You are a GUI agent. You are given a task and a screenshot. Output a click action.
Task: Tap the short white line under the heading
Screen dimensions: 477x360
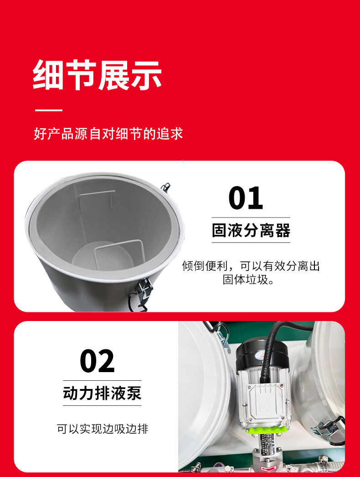pyautogui.click(x=49, y=110)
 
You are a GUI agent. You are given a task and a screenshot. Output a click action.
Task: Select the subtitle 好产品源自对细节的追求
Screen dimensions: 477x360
pyautogui.click(x=108, y=134)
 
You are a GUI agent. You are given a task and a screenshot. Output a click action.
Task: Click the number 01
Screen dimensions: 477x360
pyautogui.click(x=246, y=198)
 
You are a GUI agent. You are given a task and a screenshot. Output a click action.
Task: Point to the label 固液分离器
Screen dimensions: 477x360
pyautogui.click(x=251, y=230)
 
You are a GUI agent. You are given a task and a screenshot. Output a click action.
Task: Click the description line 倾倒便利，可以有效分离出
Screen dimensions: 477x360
pyautogui.click(x=251, y=266)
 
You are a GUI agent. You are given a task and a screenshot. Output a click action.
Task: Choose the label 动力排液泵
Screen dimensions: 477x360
pyautogui.click(x=102, y=393)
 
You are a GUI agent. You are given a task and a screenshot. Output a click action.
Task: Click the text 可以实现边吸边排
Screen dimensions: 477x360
pyautogui.click(x=103, y=429)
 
